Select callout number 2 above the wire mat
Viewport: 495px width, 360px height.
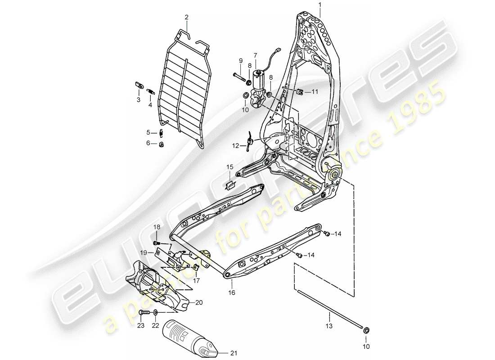click(186, 17)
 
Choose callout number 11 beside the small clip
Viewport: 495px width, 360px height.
click(315, 92)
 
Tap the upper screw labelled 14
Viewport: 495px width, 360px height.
click(327, 234)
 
